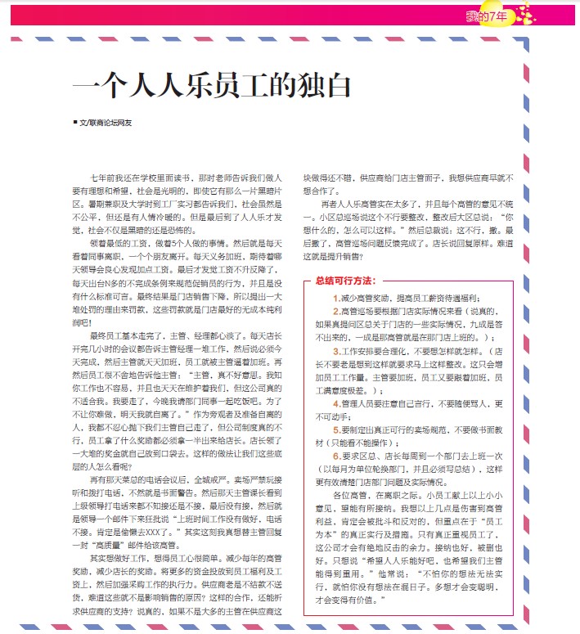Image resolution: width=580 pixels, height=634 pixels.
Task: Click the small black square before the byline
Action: coord(74,123)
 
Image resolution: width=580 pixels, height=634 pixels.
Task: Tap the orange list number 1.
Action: coord(335,298)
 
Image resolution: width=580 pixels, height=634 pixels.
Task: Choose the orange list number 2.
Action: coord(335,311)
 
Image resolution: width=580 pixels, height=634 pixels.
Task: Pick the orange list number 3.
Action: coord(335,349)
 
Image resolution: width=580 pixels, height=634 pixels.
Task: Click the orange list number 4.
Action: coord(335,402)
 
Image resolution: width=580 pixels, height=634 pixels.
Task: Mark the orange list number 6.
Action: coord(335,455)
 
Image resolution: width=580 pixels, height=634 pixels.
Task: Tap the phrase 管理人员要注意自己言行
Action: coord(384,402)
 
